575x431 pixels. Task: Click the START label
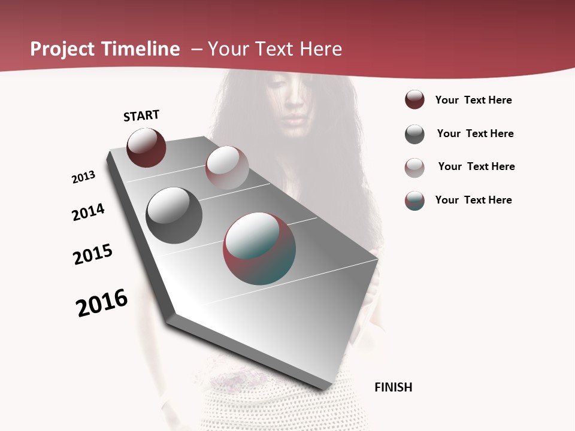tap(141, 116)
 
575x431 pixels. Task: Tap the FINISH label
tap(394, 387)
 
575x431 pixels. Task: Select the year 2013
tap(83, 177)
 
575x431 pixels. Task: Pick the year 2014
tap(88, 213)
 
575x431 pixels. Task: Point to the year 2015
tap(93, 254)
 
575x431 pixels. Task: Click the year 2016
tap(102, 303)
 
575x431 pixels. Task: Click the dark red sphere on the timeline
tap(146, 147)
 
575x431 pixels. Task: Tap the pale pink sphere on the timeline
tap(227, 168)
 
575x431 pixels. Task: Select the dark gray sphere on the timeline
tap(174, 215)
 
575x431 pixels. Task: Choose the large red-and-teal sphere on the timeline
tap(259, 248)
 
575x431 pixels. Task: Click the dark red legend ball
tap(414, 99)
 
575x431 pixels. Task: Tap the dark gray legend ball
tap(414, 134)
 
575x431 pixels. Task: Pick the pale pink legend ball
tap(414, 168)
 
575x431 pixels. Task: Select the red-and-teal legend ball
tap(414, 201)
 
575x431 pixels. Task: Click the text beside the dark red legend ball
tap(473, 100)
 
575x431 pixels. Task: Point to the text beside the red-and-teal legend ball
tap(473, 200)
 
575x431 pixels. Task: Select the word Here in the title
tap(320, 49)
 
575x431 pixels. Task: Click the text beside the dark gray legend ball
tap(475, 133)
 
